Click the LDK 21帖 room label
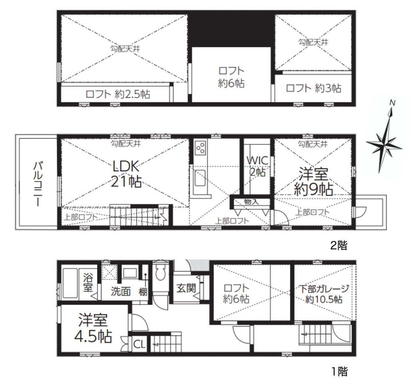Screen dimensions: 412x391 pos(126,174)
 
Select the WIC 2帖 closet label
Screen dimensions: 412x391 pos(257,166)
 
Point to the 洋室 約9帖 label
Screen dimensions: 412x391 pos(313,182)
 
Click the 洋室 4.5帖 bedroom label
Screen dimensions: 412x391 pos(93,328)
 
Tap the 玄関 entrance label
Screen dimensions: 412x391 pos(186,288)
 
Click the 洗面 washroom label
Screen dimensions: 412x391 pos(121,291)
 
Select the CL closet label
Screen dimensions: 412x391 pos(139,344)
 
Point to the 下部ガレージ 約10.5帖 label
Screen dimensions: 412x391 pos(324,294)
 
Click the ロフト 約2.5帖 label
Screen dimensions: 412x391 pos(118,94)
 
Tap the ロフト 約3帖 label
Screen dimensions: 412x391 pos(313,88)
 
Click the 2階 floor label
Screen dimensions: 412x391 pos(339,246)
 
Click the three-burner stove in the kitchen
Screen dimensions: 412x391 pos(200,148)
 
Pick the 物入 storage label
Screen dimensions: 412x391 pos(252,202)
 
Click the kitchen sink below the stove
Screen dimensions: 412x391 pos(200,178)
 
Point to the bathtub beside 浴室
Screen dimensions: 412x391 pos(70,283)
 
